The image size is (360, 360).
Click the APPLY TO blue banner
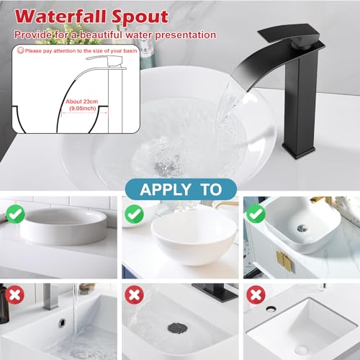[181, 189]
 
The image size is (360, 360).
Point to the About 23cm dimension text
[82, 102]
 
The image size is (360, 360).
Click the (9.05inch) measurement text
[83, 108]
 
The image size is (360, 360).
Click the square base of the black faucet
[299, 150]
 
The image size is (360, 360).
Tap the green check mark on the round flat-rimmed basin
[15, 214]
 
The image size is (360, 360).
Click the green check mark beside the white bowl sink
[134, 214]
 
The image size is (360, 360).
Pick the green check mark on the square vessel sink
[256, 214]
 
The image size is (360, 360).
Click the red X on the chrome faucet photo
[14, 294]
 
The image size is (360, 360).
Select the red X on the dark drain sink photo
[134, 294]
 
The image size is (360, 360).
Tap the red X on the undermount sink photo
[256, 294]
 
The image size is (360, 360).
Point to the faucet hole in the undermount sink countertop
[271, 309]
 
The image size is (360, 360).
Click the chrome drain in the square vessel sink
[302, 228]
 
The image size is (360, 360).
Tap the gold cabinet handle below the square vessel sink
[284, 261]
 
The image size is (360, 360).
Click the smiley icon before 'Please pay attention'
[21, 50]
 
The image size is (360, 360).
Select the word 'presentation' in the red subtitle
[185, 35]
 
